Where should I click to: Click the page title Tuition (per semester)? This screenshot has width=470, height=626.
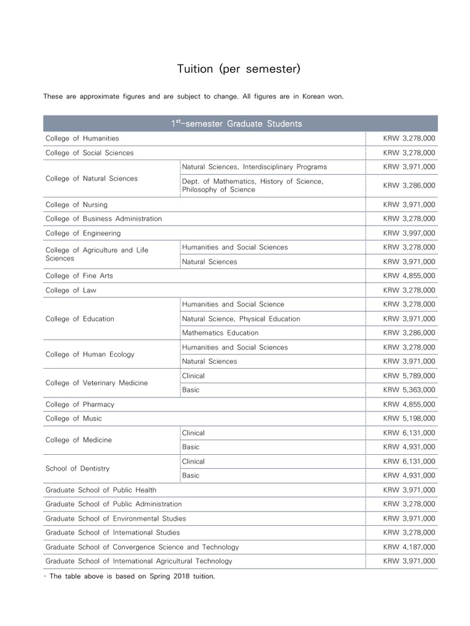[x=239, y=69]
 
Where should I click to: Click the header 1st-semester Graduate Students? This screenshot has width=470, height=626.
[x=236, y=124]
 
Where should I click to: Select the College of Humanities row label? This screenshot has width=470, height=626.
[x=82, y=139]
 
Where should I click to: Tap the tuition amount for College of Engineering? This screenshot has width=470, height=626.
[x=409, y=234]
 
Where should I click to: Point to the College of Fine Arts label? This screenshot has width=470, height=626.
[x=79, y=276]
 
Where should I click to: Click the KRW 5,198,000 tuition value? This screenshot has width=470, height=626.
[x=409, y=419]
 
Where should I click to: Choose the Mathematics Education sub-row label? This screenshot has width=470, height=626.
[x=220, y=333]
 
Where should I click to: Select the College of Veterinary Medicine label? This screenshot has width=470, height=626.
[x=96, y=383]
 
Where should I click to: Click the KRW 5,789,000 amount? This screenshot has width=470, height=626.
[x=409, y=376]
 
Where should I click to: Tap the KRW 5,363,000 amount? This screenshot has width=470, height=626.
[x=409, y=390]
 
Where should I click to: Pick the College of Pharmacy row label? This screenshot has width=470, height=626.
[x=80, y=405]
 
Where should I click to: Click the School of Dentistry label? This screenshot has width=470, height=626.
[x=77, y=469]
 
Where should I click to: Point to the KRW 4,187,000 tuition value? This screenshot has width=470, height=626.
[x=409, y=547]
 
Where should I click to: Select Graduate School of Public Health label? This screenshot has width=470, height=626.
[x=100, y=490]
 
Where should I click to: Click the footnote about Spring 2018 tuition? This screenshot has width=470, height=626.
[x=132, y=576]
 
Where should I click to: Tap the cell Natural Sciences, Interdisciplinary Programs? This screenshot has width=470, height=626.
[x=254, y=167]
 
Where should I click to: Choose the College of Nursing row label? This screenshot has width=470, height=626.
[x=76, y=205]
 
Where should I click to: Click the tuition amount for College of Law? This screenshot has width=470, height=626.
[x=409, y=290]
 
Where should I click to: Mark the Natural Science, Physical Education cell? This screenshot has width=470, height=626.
[x=241, y=319]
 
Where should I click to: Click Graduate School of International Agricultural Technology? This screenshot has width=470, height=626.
[x=139, y=561]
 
